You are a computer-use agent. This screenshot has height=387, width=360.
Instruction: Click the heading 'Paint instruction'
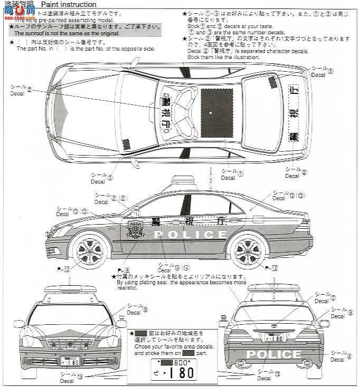click(x=72, y=4)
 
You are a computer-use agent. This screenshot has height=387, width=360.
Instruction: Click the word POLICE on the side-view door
click(x=191, y=235)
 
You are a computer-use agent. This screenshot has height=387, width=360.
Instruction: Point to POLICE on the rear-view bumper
click(x=273, y=354)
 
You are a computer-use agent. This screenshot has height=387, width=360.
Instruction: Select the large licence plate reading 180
click(x=174, y=371)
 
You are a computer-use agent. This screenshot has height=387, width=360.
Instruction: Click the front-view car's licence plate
click(x=70, y=361)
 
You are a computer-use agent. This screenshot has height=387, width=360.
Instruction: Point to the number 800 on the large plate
click(x=181, y=363)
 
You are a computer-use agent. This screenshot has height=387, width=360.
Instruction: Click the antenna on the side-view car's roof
click(x=211, y=177)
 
